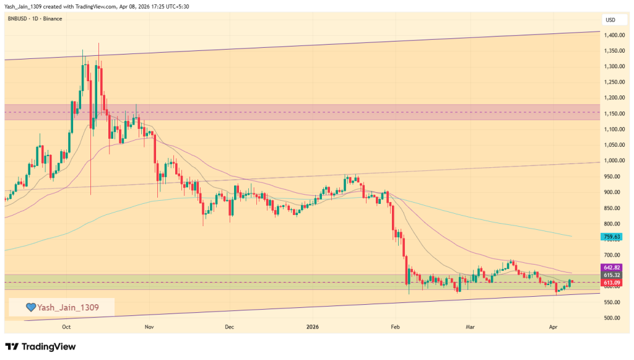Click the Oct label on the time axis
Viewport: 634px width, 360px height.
(x=67, y=326)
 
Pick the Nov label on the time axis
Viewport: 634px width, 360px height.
(x=148, y=326)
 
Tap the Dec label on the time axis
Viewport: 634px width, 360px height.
(x=229, y=326)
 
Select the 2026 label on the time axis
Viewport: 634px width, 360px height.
(x=313, y=326)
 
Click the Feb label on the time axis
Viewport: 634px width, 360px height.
(x=394, y=326)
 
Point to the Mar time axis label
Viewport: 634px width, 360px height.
(x=470, y=326)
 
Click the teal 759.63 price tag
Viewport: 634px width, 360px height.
(x=611, y=237)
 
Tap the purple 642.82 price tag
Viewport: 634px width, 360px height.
(x=611, y=267)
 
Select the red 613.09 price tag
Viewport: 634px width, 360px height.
(x=611, y=282)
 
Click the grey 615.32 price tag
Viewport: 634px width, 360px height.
(x=611, y=274)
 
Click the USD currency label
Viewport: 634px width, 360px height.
(x=610, y=19)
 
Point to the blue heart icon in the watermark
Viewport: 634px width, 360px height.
(x=29, y=307)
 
